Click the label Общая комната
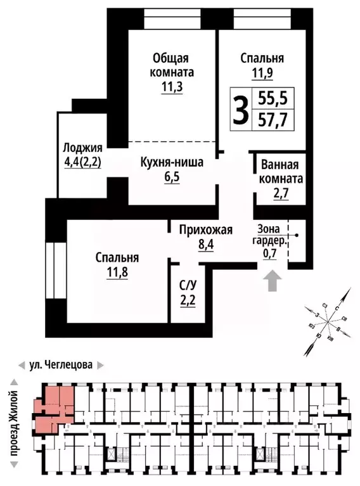[x=172, y=65]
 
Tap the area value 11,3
[x=172, y=87]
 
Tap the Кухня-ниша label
[x=172, y=163]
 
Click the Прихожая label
[x=206, y=229]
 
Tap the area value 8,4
[x=206, y=244]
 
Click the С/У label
[x=187, y=285]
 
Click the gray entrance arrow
[x=273, y=281]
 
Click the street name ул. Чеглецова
[x=61, y=365]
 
